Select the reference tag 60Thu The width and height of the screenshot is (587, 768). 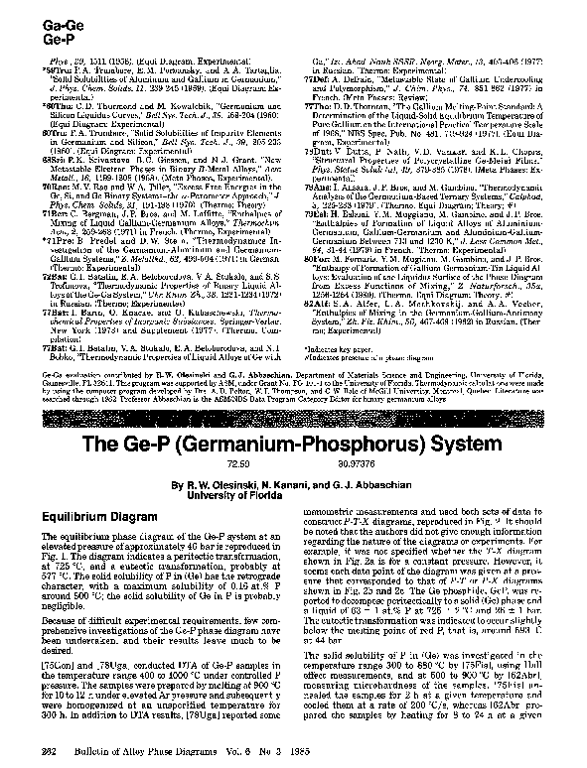pyautogui.click(x=52, y=100)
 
